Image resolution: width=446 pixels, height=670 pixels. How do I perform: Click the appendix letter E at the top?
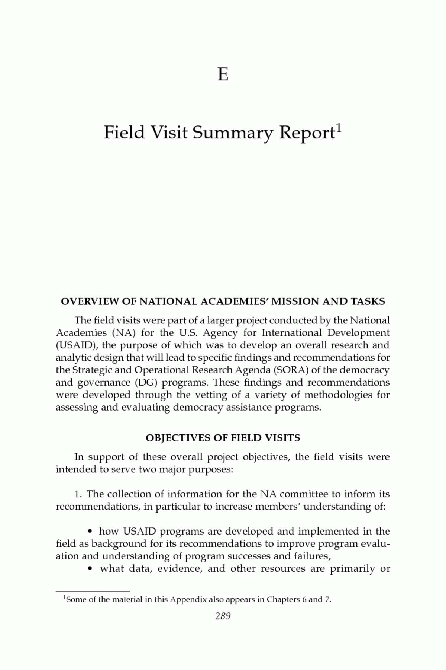pyautogui.click(x=223, y=74)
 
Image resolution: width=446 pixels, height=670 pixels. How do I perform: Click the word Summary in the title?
pyautogui.click(x=233, y=133)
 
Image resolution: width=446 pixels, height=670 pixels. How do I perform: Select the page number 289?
pyautogui.click(x=223, y=616)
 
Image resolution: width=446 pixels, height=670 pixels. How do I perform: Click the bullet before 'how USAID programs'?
pyautogui.click(x=90, y=532)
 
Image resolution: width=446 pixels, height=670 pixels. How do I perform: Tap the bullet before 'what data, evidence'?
pyautogui.click(x=90, y=569)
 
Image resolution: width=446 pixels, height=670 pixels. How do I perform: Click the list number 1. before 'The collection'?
pyautogui.click(x=79, y=494)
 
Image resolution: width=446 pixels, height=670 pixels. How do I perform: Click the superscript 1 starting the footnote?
pyautogui.click(x=65, y=598)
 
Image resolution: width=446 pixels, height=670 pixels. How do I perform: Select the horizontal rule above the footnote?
pyautogui.click(x=93, y=591)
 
